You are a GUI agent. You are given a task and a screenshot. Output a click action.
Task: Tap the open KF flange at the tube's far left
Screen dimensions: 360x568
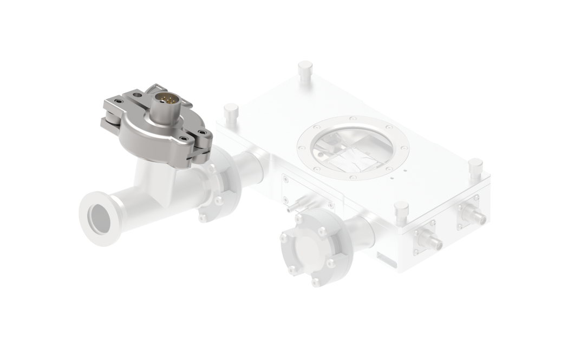point(97,215)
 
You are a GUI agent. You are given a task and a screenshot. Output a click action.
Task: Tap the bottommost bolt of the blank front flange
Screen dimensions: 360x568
point(316,281)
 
